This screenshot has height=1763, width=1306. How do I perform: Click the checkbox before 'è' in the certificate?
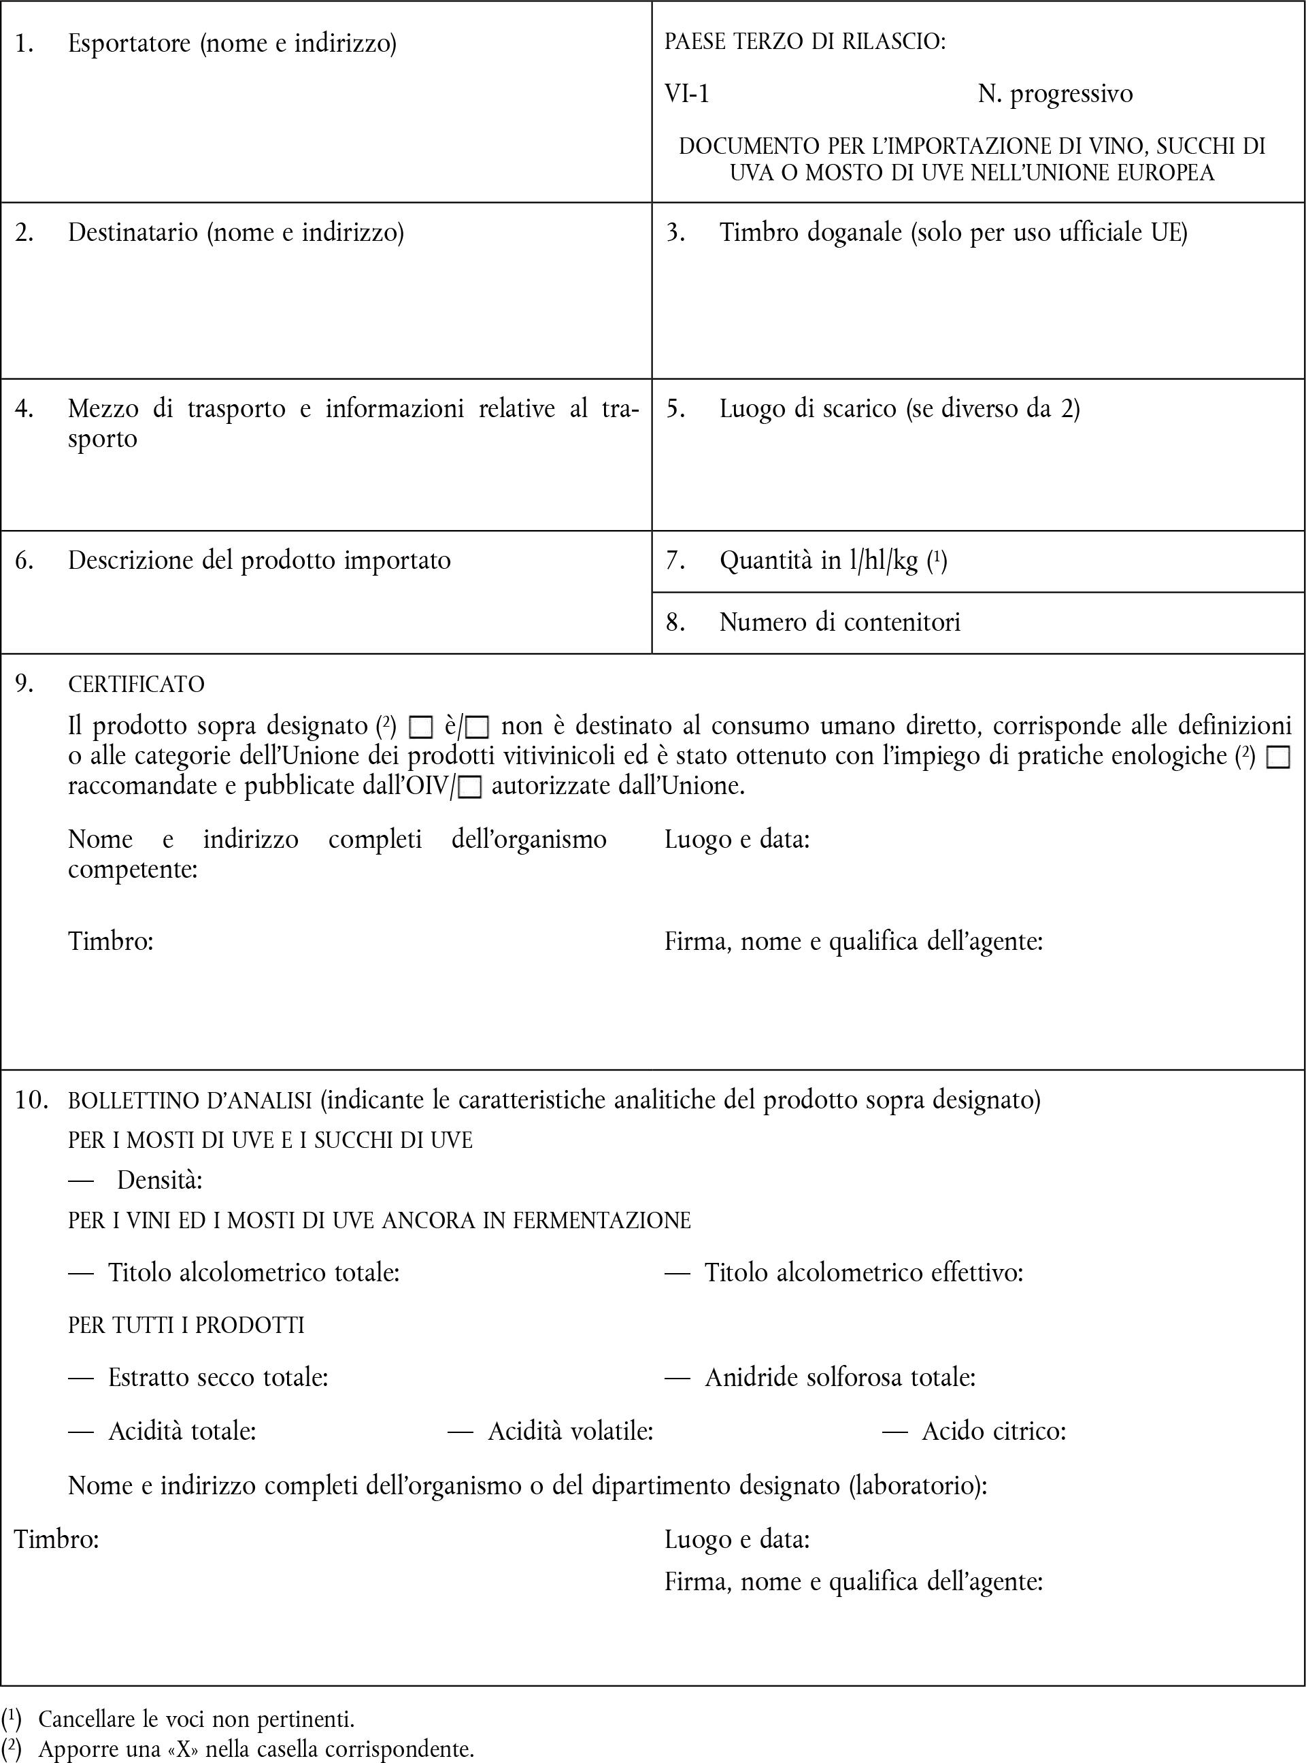pos(420,727)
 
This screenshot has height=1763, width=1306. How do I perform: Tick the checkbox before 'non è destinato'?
pos(478,727)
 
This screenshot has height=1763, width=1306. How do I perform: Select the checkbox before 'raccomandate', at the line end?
pos(1278,757)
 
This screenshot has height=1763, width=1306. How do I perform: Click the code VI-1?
pos(687,94)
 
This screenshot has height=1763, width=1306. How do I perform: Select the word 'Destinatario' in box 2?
pos(133,233)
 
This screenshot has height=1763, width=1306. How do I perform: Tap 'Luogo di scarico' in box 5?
pos(807,409)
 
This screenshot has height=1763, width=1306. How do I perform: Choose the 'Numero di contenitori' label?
pos(839,622)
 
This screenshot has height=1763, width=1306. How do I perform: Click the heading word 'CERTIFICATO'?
pos(136,685)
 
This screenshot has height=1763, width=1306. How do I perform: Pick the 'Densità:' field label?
pos(160,1181)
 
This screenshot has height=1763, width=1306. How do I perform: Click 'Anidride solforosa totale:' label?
pos(839,1377)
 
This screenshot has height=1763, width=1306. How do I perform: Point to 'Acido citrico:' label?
pos(994,1431)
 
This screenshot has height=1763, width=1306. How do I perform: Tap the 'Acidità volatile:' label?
pos(570,1431)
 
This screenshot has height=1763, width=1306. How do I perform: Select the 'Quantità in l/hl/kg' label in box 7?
pos(818,561)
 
